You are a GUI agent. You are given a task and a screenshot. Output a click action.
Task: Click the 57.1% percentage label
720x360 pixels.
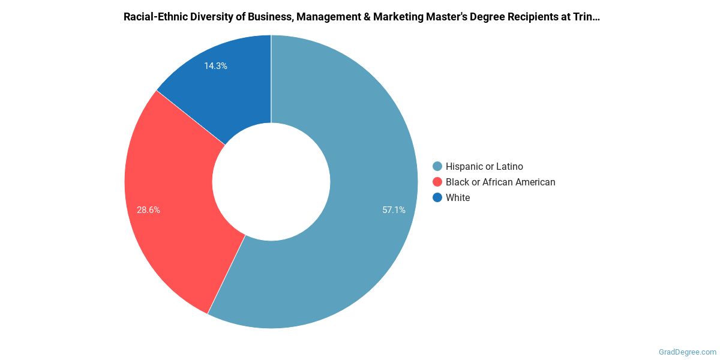point(394,210)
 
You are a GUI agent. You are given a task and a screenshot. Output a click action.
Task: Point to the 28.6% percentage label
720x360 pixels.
point(148,210)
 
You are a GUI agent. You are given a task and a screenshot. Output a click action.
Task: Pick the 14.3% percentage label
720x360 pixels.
point(215,66)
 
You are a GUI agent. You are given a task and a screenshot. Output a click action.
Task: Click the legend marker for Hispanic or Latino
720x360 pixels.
point(437,166)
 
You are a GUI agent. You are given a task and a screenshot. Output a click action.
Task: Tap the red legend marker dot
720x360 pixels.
point(437,182)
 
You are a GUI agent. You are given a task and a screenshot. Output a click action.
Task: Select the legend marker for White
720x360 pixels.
point(437,197)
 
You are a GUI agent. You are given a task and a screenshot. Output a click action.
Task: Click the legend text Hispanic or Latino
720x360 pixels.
point(484,166)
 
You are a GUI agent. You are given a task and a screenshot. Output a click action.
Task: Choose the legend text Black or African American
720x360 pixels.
point(500,182)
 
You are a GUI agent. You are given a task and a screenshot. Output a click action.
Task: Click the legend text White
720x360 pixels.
point(458,197)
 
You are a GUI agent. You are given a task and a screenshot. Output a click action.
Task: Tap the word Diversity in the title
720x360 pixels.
point(208,17)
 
